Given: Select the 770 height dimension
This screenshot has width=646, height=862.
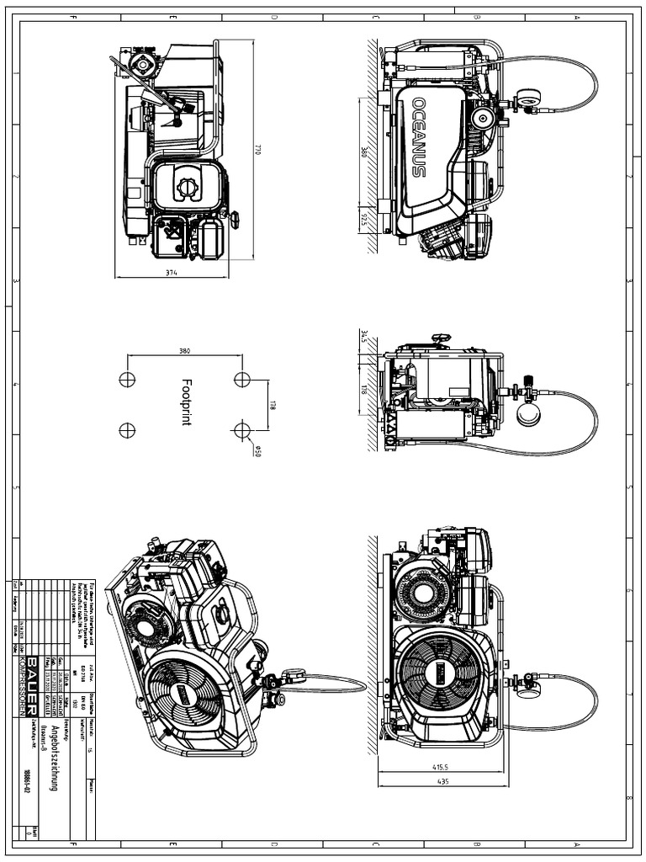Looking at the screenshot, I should click(x=257, y=149).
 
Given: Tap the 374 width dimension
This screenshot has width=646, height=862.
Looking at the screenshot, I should click(x=172, y=272).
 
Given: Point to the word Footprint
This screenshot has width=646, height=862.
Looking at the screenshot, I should click(x=186, y=402).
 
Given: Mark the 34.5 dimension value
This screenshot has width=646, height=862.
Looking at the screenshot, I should click(x=363, y=338).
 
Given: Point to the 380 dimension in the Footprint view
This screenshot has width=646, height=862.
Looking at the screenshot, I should click(x=184, y=350).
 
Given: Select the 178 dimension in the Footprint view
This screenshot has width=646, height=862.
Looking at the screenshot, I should click(x=273, y=405).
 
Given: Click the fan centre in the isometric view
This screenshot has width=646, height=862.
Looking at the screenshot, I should click(x=183, y=695).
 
